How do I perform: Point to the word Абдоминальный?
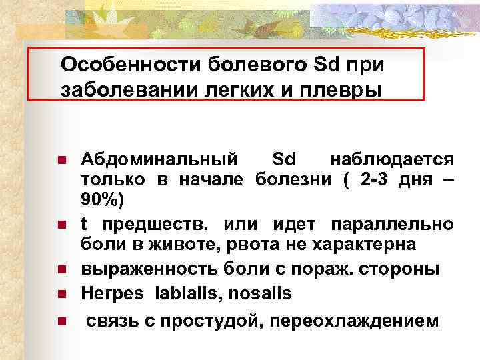coord(159,160)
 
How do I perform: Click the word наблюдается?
coord(393,160)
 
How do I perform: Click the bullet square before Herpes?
coord(60,293)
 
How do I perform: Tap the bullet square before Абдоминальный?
coord(60,161)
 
